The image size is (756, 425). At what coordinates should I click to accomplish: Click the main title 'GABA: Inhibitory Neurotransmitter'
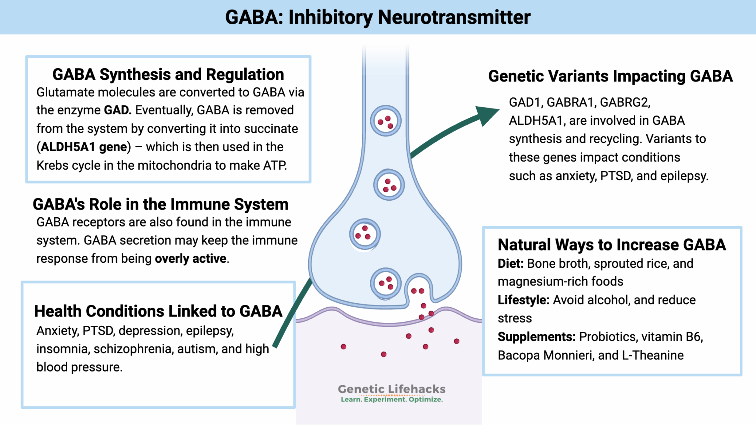pos(378,17)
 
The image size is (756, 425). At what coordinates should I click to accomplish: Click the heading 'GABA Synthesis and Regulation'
pos(168,75)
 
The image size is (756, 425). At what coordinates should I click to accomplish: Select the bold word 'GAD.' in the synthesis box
pos(117,110)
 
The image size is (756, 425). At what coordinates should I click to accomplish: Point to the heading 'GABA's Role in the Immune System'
pos(161,204)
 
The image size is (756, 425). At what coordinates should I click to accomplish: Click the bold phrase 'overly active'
pos(190,259)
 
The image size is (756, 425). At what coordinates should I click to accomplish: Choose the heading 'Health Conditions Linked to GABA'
pos(158,311)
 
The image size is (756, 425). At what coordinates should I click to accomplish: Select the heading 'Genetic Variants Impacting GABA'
pos(610,76)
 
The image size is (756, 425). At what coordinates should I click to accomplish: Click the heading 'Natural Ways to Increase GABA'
pos(612,245)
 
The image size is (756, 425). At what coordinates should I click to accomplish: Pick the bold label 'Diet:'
pos(511,263)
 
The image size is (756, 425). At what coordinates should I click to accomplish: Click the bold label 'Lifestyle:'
pos(523,300)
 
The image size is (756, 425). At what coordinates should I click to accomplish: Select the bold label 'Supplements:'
pos(536,337)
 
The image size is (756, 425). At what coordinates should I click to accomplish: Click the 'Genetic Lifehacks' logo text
pos(391,389)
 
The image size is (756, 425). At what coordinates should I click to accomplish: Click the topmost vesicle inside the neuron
pos(385,121)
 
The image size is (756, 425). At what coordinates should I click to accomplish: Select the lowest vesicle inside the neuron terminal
pos(385,283)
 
